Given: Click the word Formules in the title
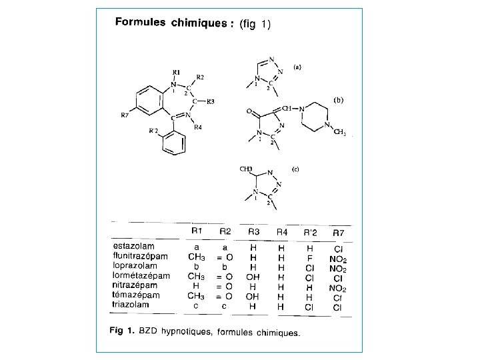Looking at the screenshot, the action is [x=141, y=22].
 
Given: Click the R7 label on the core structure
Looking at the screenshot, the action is [x=125, y=115].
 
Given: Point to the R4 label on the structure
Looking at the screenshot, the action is [x=197, y=127].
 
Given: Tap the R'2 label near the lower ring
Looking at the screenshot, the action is [x=153, y=131].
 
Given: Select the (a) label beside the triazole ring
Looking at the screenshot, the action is [x=297, y=67].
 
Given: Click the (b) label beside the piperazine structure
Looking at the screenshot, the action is [x=339, y=100].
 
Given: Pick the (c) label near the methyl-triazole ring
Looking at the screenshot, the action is [x=295, y=169].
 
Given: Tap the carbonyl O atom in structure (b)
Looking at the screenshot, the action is [x=249, y=112].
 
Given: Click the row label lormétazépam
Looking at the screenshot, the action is [x=141, y=275].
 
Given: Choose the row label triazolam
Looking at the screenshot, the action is [x=131, y=305].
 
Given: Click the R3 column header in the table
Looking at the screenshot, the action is [x=254, y=232].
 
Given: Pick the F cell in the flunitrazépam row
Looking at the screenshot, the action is [x=310, y=255].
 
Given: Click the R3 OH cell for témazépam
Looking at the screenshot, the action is [x=254, y=295].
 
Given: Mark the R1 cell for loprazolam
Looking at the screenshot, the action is [x=196, y=265].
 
